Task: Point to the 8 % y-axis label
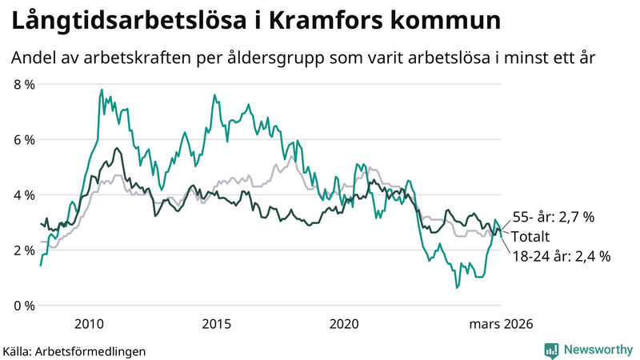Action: (24, 85)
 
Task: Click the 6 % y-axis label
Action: (24, 140)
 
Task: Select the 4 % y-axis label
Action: (24, 195)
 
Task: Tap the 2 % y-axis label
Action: (24, 250)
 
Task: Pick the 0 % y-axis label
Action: (24, 306)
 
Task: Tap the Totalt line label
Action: (531, 237)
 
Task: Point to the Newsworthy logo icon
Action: (551, 350)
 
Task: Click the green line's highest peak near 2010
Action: (102, 90)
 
